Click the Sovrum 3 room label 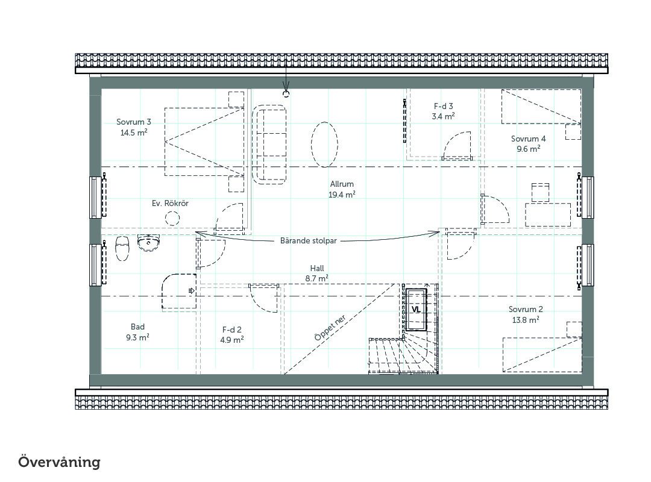(x=134, y=127)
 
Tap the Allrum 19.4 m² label (x=342, y=189)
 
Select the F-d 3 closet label (x=443, y=111)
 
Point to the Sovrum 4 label (x=528, y=143)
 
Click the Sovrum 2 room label (x=526, y=315)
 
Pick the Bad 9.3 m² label (x=137, y=332)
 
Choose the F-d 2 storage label (x=231, y=334)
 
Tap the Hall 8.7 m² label (x=317, y=273)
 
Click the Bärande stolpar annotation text (x=308, y=241)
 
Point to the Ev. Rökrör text (x=170, y=203)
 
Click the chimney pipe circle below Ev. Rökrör (x=172, y=218)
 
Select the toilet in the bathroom (x=122, y=248)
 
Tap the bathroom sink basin (x=149, y=243)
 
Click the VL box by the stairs (x=416, y=310)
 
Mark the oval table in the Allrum (x=324, y=145)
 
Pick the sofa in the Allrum (x=270, y=145)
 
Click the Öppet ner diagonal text (x=330, y=328)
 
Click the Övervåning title (x=59, y=462)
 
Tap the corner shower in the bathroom (x=178, y=292)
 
